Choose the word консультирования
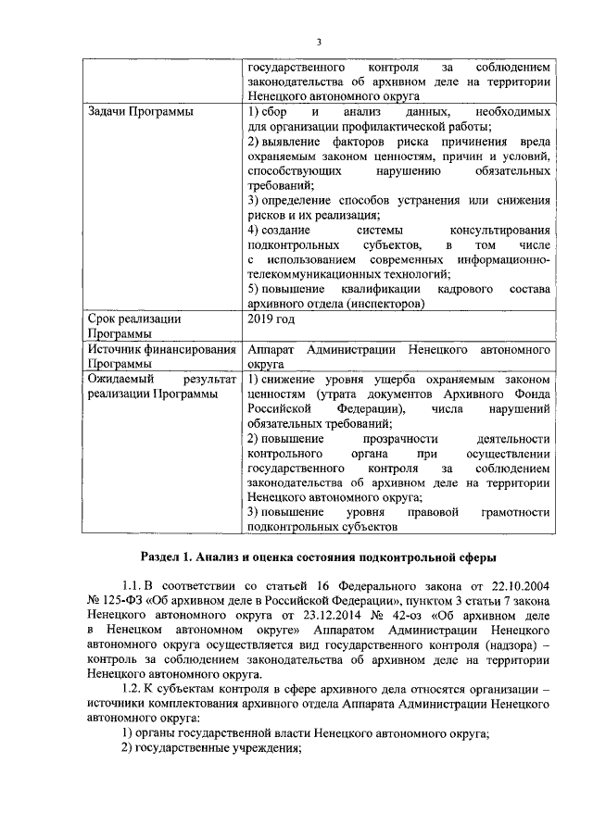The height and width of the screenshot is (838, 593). tap(500, 230)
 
